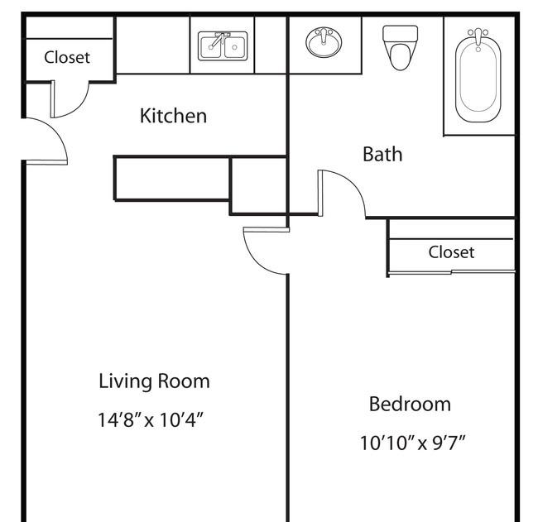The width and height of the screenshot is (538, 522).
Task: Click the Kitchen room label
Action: (173, 116)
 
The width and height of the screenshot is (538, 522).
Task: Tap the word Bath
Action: (382, 154)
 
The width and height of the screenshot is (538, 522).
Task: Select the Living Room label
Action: (154, 381)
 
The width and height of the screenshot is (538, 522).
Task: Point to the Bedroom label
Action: (410, 404)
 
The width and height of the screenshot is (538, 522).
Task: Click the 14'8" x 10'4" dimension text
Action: (151, 419)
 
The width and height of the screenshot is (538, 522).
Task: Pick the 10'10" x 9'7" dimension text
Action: (413, 443)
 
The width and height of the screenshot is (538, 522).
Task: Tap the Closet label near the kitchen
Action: (67, 57)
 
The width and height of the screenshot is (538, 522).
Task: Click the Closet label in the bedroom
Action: (451, 252)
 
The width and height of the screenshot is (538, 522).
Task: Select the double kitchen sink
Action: (223, 46)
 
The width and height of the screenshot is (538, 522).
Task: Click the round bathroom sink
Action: (324, 42)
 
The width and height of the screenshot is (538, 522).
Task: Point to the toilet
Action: (400, 48)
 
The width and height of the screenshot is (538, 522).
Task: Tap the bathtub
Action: (478, 76)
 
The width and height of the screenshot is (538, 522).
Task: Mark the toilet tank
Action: (400, 34)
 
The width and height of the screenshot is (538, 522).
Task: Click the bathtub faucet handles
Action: (478, 32)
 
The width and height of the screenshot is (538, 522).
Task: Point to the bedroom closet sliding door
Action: (451, 272)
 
